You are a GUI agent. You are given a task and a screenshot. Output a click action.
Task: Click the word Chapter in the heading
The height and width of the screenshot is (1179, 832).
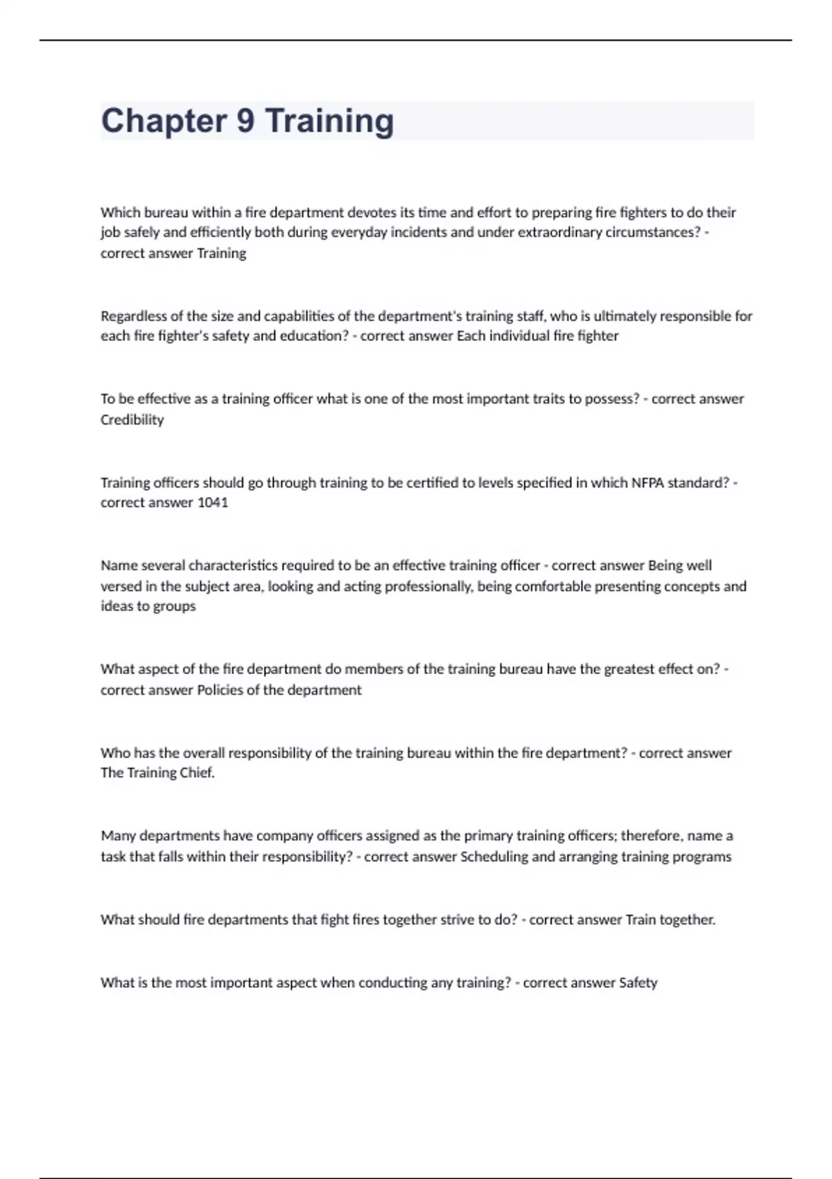point(163,121)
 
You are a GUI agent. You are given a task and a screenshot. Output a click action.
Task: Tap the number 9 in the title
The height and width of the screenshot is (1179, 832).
point(245,121)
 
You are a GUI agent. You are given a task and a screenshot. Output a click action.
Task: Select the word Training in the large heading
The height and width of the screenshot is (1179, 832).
point(329,121)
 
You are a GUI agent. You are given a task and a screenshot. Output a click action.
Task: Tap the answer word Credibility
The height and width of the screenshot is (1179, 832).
point(132,420)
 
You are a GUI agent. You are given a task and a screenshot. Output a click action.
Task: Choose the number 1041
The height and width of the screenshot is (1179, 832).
point(213,503)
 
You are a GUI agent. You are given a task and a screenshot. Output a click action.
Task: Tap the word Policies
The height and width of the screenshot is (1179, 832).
point(220,690)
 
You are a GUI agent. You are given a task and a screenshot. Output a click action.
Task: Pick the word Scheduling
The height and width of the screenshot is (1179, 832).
point(494,857)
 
